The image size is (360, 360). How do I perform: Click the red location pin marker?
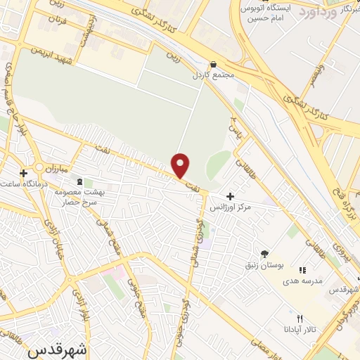pyautogui.click(x=181, y=165)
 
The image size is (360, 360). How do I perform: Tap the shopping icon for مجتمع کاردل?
pyautogui.click(x=213, y=64)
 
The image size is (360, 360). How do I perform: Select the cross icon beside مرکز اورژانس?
pyautogui.click(x=231, y=196)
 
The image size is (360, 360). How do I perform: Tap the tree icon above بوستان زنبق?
pyautogui.click(x=264, y=254)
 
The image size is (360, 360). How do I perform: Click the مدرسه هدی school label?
pyautogui.click(x=302, y=281)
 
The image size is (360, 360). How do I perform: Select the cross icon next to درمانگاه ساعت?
pyautogui.click(x=24, y=172)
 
